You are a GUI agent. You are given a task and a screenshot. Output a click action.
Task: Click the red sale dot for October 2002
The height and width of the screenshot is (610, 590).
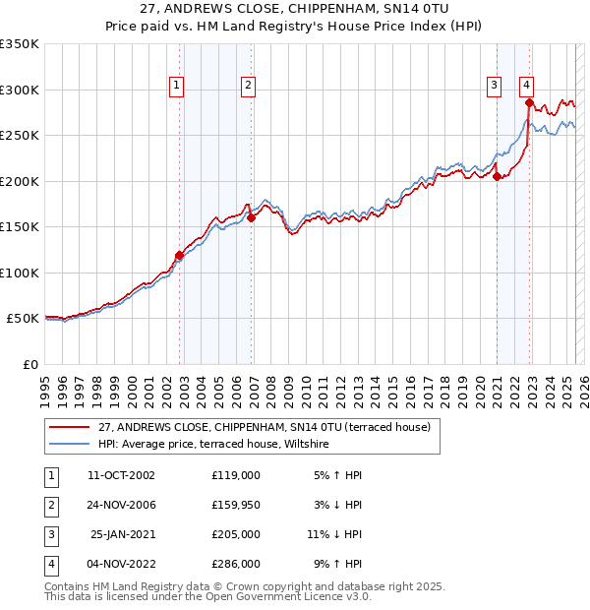(x=179, y=256)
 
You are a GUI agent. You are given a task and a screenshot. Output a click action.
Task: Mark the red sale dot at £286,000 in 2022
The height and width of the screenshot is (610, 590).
(x=529, y=102)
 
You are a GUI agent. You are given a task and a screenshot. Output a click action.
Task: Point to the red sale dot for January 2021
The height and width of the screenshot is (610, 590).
(x=498, y=177)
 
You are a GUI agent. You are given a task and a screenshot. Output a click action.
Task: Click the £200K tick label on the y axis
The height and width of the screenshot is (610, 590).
(x=20, y=181)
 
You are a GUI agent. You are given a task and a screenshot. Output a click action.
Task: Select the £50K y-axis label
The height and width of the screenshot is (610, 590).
(x=23, y=319)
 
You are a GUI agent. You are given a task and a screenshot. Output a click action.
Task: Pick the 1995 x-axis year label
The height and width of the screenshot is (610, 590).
(x=45, y=383)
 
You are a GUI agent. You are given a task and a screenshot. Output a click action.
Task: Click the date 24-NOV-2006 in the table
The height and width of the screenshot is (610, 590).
(x=122, y=506)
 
